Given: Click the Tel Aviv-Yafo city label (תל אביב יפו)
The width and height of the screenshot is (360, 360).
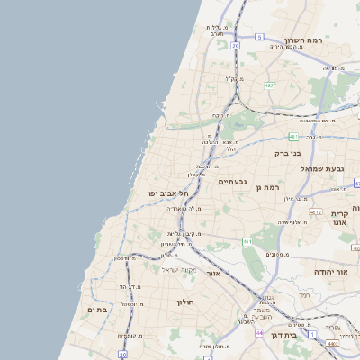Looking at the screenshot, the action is click(x=157, y=193).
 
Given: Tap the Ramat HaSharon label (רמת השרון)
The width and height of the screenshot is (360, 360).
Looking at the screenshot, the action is click(x=303, y=40).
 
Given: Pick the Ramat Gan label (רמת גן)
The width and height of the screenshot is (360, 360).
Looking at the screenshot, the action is click(x=269, y=187).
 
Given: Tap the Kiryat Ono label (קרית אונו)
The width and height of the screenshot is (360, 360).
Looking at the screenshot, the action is click(x=339, y=216).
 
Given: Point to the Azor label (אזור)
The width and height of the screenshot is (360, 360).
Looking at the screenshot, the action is click(x=213, y=273).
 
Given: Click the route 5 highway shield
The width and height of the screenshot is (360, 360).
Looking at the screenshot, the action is click(x=258, y=37).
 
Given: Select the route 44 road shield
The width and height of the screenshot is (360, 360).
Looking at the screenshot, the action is click(x=258, y=333).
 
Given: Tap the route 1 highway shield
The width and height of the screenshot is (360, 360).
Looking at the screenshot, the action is click(x=311, y=333).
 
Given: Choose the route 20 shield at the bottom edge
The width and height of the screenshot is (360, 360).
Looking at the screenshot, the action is click(x=122, y=355).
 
